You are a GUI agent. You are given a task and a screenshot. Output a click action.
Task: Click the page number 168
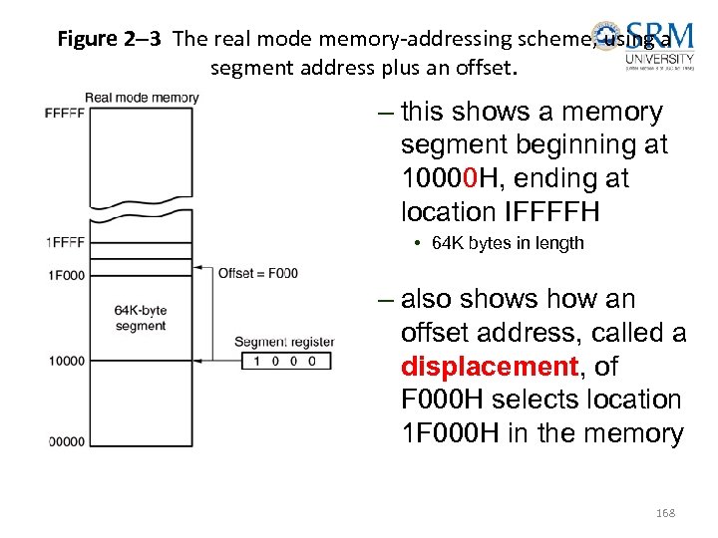[665, 513]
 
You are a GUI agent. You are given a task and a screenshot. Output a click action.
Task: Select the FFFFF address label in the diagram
[65, 113]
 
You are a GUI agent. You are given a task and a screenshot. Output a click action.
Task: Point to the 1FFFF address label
[65, 242]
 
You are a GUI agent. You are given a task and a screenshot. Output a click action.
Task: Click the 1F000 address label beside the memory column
[65, 274]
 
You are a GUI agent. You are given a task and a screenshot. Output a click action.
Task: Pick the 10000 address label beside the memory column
[66, 361]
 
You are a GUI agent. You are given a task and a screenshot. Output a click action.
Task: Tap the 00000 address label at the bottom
[66, 441]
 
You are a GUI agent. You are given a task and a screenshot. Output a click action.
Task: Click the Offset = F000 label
[257, 273]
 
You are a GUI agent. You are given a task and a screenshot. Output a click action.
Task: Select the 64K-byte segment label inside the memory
[141, 318]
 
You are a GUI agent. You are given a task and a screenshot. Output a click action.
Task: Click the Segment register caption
[284, 342]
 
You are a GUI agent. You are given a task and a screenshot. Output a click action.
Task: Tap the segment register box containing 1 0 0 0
[285, 361]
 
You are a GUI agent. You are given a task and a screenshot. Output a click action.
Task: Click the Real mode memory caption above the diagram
[142, 98]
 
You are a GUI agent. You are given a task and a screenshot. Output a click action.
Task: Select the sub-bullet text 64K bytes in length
[508, 243]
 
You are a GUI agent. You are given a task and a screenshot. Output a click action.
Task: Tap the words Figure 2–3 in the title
[110, 39]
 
